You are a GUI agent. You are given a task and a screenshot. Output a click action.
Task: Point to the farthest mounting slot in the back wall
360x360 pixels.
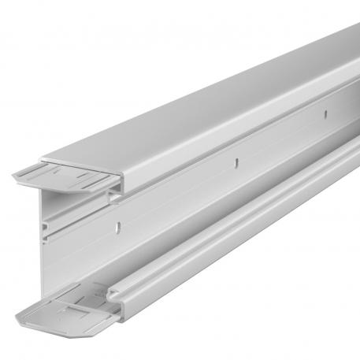point(321,116)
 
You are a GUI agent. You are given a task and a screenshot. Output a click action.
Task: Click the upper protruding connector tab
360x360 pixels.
point(71,179)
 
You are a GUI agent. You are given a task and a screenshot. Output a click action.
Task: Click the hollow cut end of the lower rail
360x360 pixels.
point(116,293)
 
